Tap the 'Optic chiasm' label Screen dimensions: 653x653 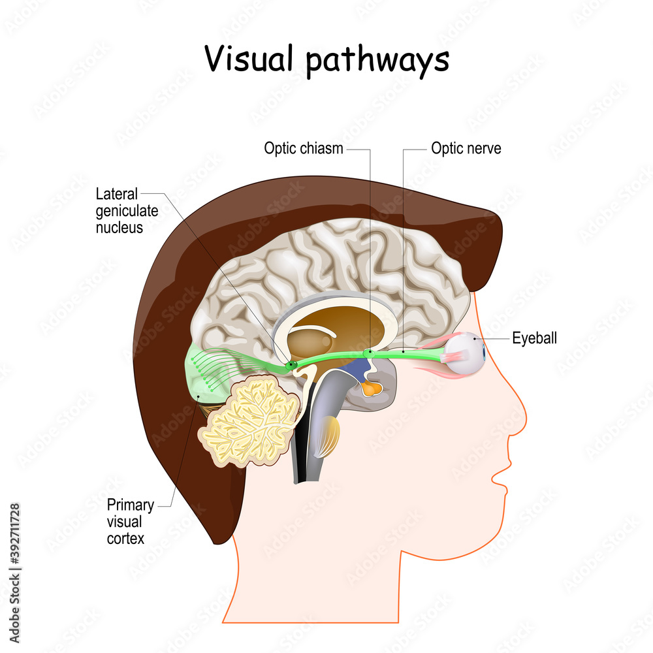click(x=303, y=148)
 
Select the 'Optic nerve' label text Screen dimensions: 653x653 click(x=466, y=148)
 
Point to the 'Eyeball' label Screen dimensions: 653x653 click(x=534, y=338)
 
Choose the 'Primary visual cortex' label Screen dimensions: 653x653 click(x=131, y=522)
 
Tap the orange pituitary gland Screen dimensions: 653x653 click(x=371, y=389)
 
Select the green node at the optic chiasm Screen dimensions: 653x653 click(x=368, y=353)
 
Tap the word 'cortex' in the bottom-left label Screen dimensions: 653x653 click(x=126, y=539)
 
